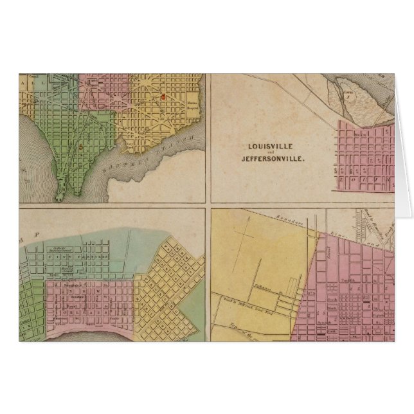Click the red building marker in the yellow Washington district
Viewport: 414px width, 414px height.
163,97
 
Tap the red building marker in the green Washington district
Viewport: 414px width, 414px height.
80,147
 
